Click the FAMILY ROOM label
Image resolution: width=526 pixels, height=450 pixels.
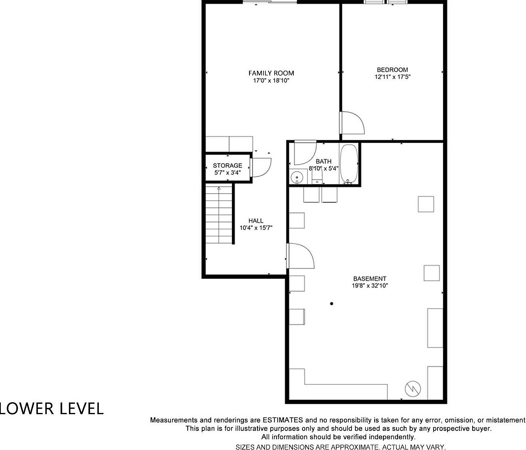pyautogui.click(x=271, y=73)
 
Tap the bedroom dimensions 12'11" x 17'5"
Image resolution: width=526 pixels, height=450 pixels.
pyautogui.click(x=392, y=77)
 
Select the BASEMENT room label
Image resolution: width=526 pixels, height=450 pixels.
pyautogui.click(x=369, y=279)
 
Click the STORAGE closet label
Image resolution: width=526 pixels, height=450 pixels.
pyautogui.click(x=227, y=165)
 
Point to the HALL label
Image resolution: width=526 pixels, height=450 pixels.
pyautogui.click(x=256, y=221)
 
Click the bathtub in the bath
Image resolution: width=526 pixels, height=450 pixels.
pyautogui.click(x=349, y=164)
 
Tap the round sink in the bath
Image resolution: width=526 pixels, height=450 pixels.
pyautogui.click(x=297, y=177)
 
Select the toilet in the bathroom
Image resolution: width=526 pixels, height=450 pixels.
pyautogui.click(x=317, y=176)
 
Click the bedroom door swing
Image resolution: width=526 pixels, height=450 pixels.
pyautogui.click(x=353, y=123)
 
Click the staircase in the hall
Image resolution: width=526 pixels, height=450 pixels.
pyautogui.click(x=219, y=215)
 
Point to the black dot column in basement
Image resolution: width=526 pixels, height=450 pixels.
pyautogui.click(x=332, y=303)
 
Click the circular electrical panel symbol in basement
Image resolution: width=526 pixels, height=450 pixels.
pyautogui.click(x=413, y=388)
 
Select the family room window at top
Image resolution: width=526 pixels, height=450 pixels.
pyautogui.click(x=270, y=2)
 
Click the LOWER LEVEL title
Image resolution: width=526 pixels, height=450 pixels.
pyautogui.click(x=52, y=409)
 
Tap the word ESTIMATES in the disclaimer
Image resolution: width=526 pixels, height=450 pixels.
pyautogui.click(x=283, y=420)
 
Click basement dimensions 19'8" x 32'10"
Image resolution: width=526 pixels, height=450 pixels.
pyautogui.click(x=369, y=286)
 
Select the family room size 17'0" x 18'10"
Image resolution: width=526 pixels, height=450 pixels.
pyautogui.click(x=271, y=80)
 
